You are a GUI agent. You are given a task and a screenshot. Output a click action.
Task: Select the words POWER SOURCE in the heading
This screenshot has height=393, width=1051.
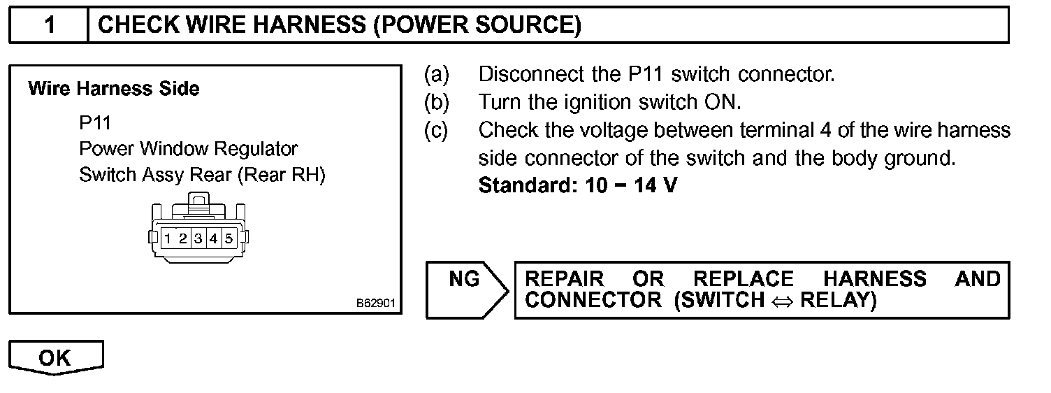click(478, 26)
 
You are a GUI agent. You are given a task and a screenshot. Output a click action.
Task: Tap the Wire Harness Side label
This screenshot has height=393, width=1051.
click(113, 89)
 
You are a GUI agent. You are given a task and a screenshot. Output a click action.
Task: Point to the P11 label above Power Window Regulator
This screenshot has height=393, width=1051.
click(95, 123)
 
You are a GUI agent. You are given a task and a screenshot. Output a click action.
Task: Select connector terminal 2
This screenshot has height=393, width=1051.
click(182, 238)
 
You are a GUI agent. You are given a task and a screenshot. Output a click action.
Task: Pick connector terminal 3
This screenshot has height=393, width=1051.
click(198, 238)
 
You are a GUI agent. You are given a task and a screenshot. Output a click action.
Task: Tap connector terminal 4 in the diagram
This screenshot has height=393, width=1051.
click(213, 238)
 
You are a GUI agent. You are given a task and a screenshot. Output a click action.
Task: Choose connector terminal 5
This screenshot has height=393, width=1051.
click(229, 238)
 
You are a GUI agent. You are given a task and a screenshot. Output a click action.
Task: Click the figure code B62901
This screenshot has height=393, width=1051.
click(376, 304)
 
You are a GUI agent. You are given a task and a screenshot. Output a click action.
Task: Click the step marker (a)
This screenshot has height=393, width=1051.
click(437, 74)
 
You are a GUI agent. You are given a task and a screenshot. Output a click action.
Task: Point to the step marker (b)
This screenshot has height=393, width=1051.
click(437, 102)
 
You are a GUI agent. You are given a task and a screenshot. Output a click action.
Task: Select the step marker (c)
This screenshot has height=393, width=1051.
click(437, 130)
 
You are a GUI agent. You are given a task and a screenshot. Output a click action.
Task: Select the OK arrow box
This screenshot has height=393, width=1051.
click(56, 357)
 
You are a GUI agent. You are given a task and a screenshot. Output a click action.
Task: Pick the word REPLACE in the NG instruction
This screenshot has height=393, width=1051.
click(744, 279)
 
